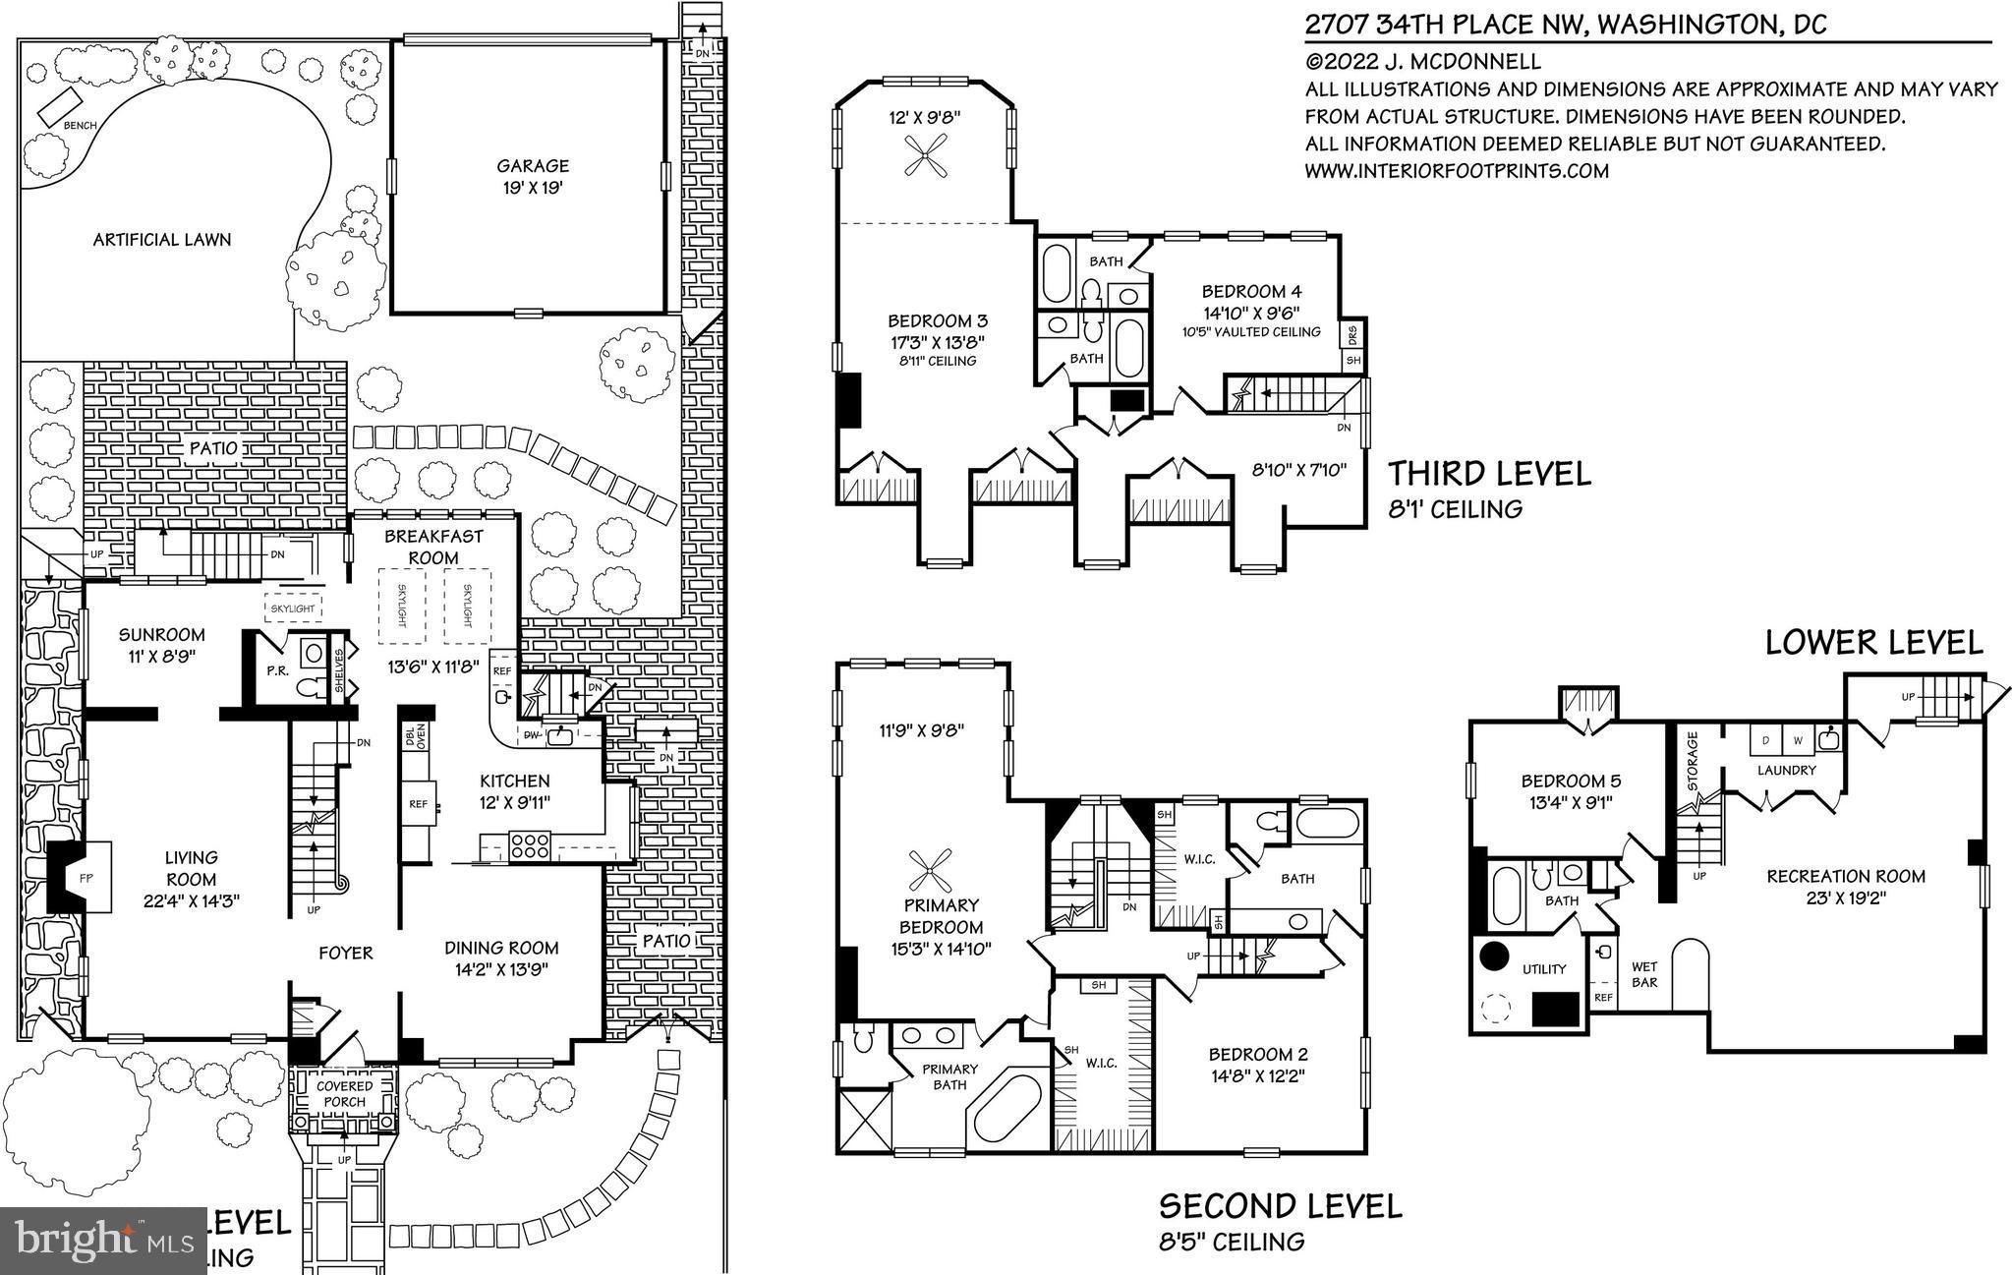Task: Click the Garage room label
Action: click(532, 166)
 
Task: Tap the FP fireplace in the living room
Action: click(86, 878)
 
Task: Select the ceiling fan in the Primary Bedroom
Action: click(929, 870)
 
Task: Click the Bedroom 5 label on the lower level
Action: click(1571, 782)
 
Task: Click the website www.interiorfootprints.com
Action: click(1456, 171)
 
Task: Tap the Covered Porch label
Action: click(344, 1093)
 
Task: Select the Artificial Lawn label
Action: click(162, 239)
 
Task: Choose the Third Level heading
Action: click(1488, 474)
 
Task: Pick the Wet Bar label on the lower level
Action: click(1644, 973)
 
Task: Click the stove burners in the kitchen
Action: click(529, 846)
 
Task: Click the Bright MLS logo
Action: click(103, 1242)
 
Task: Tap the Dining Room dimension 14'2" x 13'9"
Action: click(501, 968)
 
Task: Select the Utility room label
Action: click(1543, 969)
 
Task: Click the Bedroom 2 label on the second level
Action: click(1257, 1055)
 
